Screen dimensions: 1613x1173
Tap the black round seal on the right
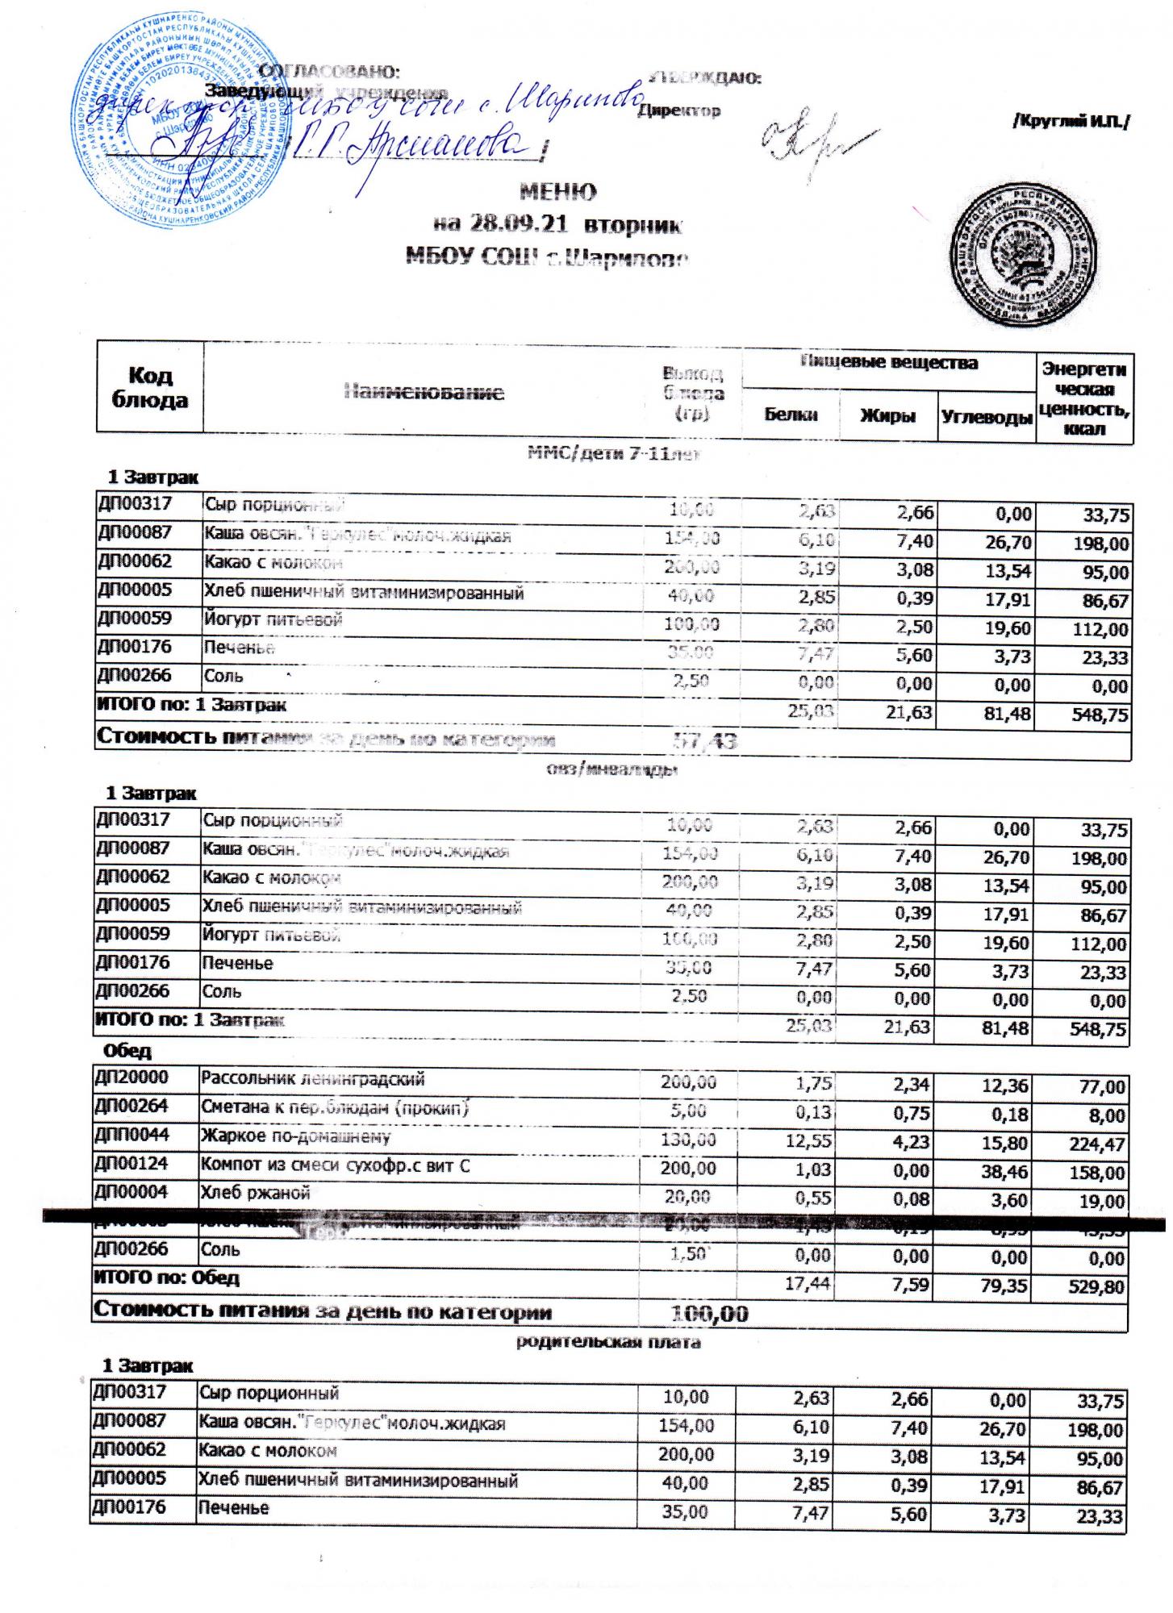[x=1024, y=260]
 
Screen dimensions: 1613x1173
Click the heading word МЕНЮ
[x=558, y=192]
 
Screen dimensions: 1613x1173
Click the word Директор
[x=679, y=110]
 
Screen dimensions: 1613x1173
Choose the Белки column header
[x=790, y=415]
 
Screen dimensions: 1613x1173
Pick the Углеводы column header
[x=986, y=417]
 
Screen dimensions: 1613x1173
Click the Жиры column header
[x=887, y=415]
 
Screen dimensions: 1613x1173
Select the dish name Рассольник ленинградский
[x=313, y=1079]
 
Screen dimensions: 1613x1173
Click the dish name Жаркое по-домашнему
[x=296, y=1137]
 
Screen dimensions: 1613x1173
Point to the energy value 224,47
[x=1096, y=1144]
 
